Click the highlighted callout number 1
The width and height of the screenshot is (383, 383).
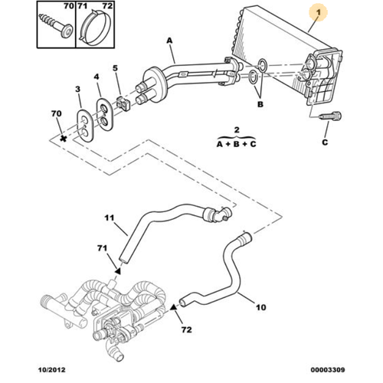tap(318, 12)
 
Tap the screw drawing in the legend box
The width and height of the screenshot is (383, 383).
tap(56, 25)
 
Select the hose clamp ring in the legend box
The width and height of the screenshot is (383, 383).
tap(95, 28)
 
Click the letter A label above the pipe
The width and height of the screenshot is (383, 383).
tap(170, 41)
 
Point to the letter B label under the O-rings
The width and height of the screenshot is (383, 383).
tap(260, 104)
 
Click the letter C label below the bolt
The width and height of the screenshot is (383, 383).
tap(325, 142)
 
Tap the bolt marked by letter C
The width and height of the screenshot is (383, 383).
tap(330, 116)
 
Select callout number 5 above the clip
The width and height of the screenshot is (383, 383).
tap(116, 68)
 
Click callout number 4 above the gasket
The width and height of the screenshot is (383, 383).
tap(97, 77)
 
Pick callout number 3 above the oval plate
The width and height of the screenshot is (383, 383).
tap(77, 89)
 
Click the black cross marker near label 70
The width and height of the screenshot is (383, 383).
tap(63, 139)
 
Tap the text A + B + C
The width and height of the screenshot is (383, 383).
tap(236, 144)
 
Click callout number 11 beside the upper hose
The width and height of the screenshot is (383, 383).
tap(109, 218)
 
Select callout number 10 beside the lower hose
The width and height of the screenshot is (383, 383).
tap(260, 307)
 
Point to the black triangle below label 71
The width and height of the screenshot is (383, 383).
tap(117, 270)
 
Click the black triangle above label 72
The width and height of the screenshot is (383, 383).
tap(174, 306)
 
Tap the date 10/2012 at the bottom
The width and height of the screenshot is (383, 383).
tap(52, 370)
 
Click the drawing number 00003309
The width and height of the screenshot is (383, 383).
tap(328, 370)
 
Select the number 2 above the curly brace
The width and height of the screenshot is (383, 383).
tap(237, 129)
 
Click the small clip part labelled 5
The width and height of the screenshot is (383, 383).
tap(123, 103)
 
